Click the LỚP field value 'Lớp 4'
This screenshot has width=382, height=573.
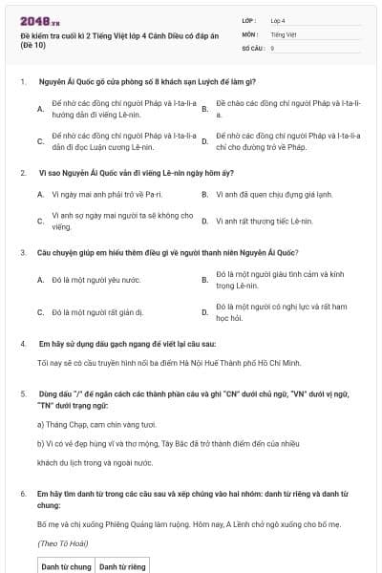(279, 20)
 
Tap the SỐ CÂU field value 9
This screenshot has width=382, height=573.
(273, 47)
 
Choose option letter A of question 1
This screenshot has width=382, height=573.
(40, 108)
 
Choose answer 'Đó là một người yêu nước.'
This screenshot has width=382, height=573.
(95, 280)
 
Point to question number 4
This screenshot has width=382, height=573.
(23, 342)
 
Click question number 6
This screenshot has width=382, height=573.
(23, 493)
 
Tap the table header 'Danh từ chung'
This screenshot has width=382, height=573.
(67, 566)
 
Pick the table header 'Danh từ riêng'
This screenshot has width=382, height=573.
(123, 566)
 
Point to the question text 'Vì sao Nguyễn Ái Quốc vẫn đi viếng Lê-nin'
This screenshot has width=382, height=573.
(142, 173)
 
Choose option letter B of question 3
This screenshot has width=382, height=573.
(204, 280)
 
